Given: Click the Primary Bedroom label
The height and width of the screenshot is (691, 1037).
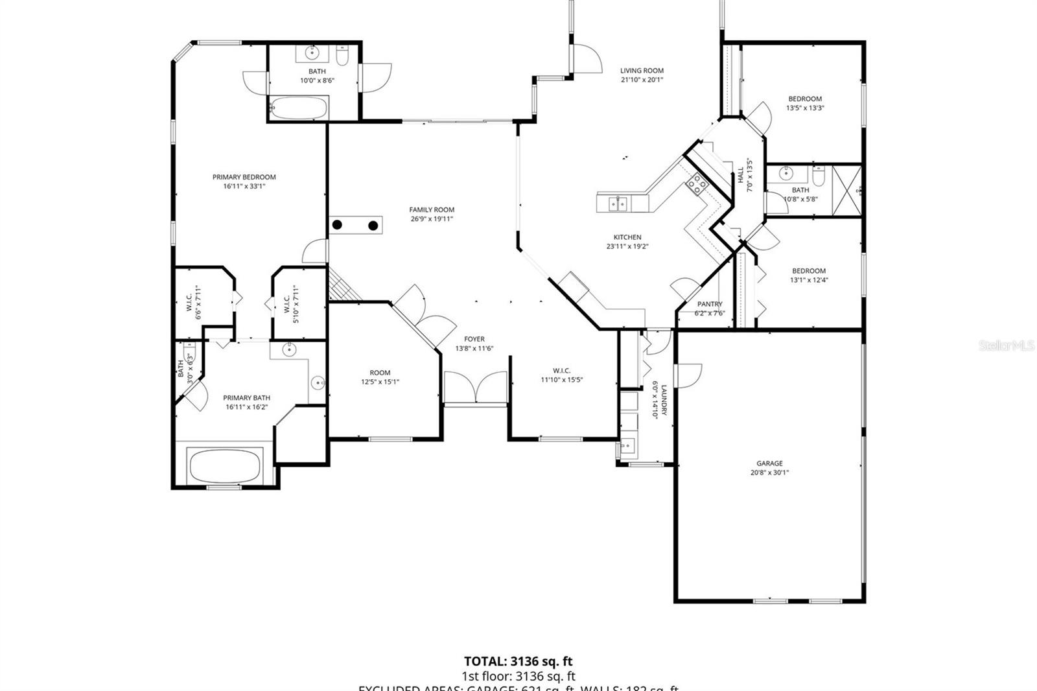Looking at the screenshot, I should click(244, 177).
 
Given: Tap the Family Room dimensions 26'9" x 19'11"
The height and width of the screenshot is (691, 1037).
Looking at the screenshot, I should click(432, 219).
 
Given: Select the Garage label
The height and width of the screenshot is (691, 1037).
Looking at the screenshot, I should click(769, 463).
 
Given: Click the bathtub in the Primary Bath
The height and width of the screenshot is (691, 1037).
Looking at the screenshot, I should click(225, 465).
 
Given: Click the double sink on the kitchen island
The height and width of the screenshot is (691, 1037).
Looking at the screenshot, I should click(618, 204).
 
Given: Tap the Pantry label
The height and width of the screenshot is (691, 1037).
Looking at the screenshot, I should click(710, 304).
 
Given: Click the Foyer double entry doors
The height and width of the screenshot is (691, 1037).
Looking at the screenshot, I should click(475, 388).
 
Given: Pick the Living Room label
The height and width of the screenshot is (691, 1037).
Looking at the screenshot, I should click(642, 71).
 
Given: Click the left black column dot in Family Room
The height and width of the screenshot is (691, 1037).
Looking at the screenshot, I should click(338, 226).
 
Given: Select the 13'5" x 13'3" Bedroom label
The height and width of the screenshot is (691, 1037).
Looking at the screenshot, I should click(805, 99).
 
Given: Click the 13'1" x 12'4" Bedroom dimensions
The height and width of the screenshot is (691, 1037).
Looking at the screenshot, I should click(809, 281).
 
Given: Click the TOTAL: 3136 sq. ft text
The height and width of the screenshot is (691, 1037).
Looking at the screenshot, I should click(518, 661).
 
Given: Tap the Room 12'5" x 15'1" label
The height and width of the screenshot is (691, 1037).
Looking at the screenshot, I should click(380, 373).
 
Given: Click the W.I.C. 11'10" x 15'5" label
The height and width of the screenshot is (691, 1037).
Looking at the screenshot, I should click(562, 371).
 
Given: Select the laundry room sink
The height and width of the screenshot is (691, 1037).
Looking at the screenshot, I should click(627, 446).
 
